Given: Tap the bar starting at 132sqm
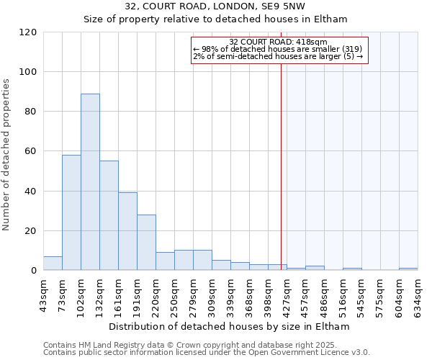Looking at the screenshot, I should (x=109, y=215).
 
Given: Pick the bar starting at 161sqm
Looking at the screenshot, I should (x=127, y=231).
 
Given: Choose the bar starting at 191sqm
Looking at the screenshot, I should (x=146, y=242).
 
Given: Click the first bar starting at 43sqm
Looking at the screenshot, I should (x=53, y=263).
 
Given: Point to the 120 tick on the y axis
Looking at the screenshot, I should (x=28, y=32).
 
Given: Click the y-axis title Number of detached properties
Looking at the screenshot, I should (x=7, y=155).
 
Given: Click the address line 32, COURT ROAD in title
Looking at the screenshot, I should (x=215, y=6).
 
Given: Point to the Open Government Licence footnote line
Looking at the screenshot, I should (x=207, y=352).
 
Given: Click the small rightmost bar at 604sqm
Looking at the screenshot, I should (x=408, y=269).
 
